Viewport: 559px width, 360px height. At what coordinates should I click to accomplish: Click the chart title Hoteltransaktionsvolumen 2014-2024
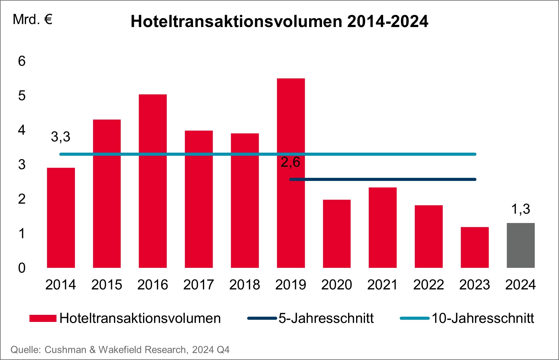click(279, 22)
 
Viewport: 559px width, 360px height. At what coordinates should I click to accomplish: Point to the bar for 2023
click(475, 247)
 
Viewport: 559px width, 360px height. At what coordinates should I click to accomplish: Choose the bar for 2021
click(382, 227)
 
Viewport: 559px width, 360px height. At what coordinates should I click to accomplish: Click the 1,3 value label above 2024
click(521, 209)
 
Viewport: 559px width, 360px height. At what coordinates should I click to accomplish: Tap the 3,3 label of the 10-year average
click(60, 137)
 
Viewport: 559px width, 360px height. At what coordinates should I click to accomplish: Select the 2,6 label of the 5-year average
click(290, 162)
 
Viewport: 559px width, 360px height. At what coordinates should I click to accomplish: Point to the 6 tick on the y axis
click(22, 61)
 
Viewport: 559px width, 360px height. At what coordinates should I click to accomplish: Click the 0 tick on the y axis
click(22, 268)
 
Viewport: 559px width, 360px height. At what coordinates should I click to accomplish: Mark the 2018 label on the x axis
click(245, 285)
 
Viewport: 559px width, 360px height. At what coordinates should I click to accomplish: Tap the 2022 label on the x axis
click(429, 285)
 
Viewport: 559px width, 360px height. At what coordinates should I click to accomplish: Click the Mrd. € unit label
click(33, 20)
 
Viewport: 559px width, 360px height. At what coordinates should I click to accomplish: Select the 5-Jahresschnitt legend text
click(326, 318)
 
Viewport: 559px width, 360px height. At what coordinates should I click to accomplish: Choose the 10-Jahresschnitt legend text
click(483, 318)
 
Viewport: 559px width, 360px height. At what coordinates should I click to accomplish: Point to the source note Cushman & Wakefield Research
click(120, 350)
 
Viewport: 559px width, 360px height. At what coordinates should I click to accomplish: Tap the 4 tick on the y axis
click(22, 130)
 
